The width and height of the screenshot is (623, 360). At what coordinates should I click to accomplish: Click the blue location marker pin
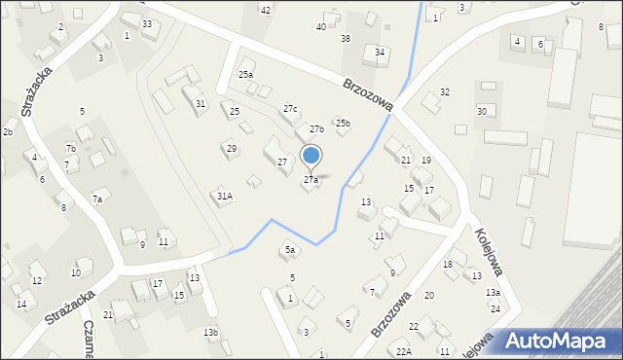[x=311, y=156]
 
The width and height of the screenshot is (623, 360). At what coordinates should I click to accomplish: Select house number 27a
[x=311, y=180]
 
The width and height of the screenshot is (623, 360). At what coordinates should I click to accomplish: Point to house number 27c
[x=290, y=109]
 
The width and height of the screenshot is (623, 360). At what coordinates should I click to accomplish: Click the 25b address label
[x=343, y=124]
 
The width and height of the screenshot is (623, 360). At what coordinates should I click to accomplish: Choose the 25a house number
[x=246, y=75]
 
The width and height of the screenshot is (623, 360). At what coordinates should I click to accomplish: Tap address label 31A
[x=224, y=196]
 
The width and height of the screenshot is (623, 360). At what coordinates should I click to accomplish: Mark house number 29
[x=231, y=149]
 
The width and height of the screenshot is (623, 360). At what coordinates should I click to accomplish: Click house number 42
[x=265, y=10]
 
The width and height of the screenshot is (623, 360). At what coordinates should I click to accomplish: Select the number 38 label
[x=346, y=39]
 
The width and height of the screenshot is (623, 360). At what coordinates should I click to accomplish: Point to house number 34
[x=380, y=53]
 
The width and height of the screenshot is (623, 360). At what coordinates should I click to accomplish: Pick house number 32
[x=445, y=92]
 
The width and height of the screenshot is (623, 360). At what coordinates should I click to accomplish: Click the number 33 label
[x=147, y=23]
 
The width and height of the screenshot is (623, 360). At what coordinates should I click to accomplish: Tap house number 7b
[x=71, y=148]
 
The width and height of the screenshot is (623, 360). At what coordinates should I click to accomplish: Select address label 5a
[x=289, y=250]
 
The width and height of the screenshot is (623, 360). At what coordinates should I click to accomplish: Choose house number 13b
[x=210, y=333]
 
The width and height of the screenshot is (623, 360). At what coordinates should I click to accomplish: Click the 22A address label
[x=404, y=351]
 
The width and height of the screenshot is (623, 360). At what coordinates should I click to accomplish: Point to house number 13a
[x=494, y=293]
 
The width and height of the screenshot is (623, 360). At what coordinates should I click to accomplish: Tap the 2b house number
[x=7, y=131]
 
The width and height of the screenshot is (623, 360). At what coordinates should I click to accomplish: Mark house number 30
[x=481, y=112]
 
